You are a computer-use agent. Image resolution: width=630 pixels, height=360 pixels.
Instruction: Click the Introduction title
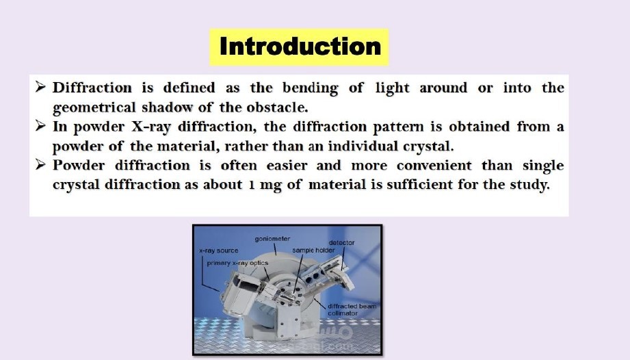tap(300, 47)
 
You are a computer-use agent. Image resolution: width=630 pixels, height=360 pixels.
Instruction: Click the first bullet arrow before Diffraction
tap(40, 86)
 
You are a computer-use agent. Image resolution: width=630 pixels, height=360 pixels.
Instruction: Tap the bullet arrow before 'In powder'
tap(40, 125)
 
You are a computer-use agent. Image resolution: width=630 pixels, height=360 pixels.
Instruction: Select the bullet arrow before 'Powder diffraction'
tap(40, 164)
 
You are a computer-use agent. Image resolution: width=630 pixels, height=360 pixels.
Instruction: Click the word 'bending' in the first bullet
tap(310, 88)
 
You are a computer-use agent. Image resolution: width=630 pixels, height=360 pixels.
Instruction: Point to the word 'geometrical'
tap(94, 108)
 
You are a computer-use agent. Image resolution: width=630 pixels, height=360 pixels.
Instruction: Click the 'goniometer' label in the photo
tap(272, 239)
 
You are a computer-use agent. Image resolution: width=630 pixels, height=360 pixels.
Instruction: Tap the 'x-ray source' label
tap(219, 250)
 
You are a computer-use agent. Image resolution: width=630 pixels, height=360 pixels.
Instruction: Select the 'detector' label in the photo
tap(341, 243)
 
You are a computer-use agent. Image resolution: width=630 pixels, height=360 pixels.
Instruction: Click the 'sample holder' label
tap(313, 250)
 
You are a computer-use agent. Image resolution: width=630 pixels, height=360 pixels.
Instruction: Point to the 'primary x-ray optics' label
tap(237, 263)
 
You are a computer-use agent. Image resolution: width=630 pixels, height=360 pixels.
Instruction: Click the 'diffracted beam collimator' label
tap(352, 309)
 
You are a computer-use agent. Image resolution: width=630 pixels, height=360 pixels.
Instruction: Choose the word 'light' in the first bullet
tap(392, 88)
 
